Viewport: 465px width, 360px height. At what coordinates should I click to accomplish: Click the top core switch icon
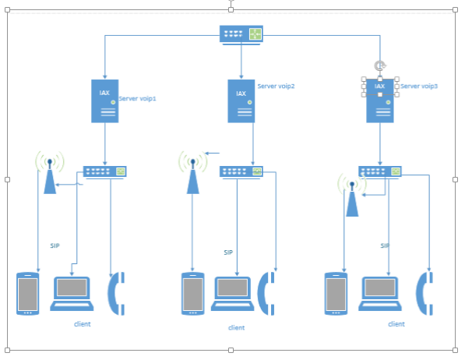pyautogui.click(x=241, y=35)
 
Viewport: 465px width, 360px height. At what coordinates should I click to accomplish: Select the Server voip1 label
pyautogui.click(x=137, y=98)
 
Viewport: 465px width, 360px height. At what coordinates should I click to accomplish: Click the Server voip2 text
pyautogui.click(x=276, y=86)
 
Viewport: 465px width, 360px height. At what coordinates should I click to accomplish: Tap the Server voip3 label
pyautogui.click(x=419, y=86)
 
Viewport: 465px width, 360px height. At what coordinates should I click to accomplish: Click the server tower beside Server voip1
pyautogui.click(x=104, y=101)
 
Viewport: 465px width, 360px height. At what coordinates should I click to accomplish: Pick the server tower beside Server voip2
pyautogui.click(x=241, y=101)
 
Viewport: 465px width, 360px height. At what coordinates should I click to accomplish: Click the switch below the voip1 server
pyautogui.click(x=104, y=171)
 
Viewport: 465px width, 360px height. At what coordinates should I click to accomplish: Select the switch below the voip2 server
pyautogui.click(x=241, y=171)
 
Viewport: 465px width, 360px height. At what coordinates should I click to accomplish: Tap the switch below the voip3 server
pyautogui.click(x=380, y=171)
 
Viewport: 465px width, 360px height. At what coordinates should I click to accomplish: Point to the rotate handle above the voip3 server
pyautogui.click(x=380, y=65)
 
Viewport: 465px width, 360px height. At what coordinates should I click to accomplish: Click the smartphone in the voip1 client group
pyautogui.click(x=27, y=294)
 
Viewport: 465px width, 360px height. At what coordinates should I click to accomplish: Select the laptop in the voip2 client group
pyautogui.click(x=232, y=294)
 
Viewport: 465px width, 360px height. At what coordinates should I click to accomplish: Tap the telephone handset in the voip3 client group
pyautogui.click(x=424, y=294)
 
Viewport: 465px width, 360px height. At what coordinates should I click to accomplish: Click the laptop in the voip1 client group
pyautogui.click(x=72, y=294)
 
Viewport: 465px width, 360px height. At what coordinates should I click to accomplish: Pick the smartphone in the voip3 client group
pyautogui.click(x=336, y=294)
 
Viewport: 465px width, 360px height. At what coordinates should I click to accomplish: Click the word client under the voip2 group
pyautogui.click(x=236, y=327)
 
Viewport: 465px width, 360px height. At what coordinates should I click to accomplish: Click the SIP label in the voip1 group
pyautogui.click(x=55, y=245)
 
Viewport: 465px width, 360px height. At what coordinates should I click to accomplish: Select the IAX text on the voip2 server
pyautogui.click(x=241, y=94)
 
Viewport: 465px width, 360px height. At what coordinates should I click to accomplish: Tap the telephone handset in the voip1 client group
pyautogui.click(x=116, y=294)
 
